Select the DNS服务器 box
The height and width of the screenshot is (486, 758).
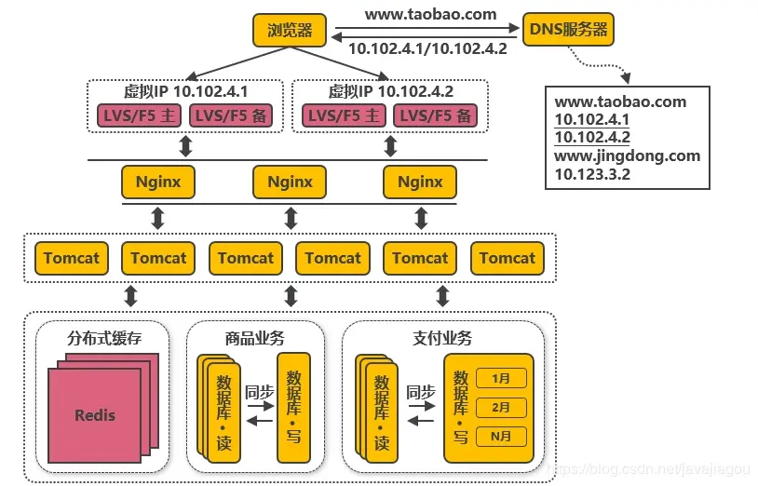click(x=568, y=30)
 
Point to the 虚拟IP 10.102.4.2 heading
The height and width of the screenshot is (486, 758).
click(x=391, y=92)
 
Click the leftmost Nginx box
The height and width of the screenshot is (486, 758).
click(x=159, y=182)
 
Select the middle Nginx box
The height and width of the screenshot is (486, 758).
click(x=290, y=182)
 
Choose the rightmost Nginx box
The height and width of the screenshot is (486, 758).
click(x=420, y=182)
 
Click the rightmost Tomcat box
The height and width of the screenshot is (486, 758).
click(x=508, y=258)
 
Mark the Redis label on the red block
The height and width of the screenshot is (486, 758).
click(x=95, y=415)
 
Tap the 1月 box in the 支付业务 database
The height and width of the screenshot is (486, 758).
click(x=501, y=378)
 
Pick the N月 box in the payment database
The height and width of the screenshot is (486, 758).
click(x=501, y=436)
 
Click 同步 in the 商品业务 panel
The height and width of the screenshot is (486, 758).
click(x=259, y=393)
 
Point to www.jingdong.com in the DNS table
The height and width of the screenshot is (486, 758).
click(x=627, y=155)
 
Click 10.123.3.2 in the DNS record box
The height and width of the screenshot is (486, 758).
click(x=592, y=173)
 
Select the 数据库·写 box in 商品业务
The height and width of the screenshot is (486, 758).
click(x=295, y=407)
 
